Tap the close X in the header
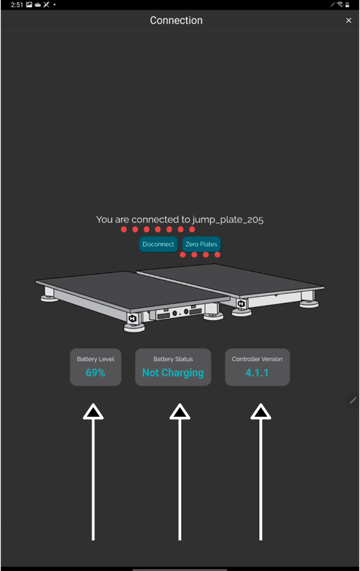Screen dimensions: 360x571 coord(348,20)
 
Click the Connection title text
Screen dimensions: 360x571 coord(176,20)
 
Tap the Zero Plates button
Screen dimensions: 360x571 coord(201,244)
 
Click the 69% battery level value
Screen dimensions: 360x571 coord(96,373)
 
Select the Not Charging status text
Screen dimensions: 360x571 coord(173,373)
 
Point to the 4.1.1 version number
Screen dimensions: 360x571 coord(257,373)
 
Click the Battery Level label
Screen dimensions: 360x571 coord(96,359)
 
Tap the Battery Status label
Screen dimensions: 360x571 coord(173,359)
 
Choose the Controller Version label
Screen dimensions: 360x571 coord(257,359)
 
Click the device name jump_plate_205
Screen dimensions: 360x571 coord(228,220)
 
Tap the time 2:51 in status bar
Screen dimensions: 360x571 coord(17,5)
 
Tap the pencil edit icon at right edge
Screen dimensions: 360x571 coord(353,401)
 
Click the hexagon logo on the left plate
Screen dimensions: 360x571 coord(132,318)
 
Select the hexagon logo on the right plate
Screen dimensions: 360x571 coord(241,303)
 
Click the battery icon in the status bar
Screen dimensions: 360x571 coord(347,5)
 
